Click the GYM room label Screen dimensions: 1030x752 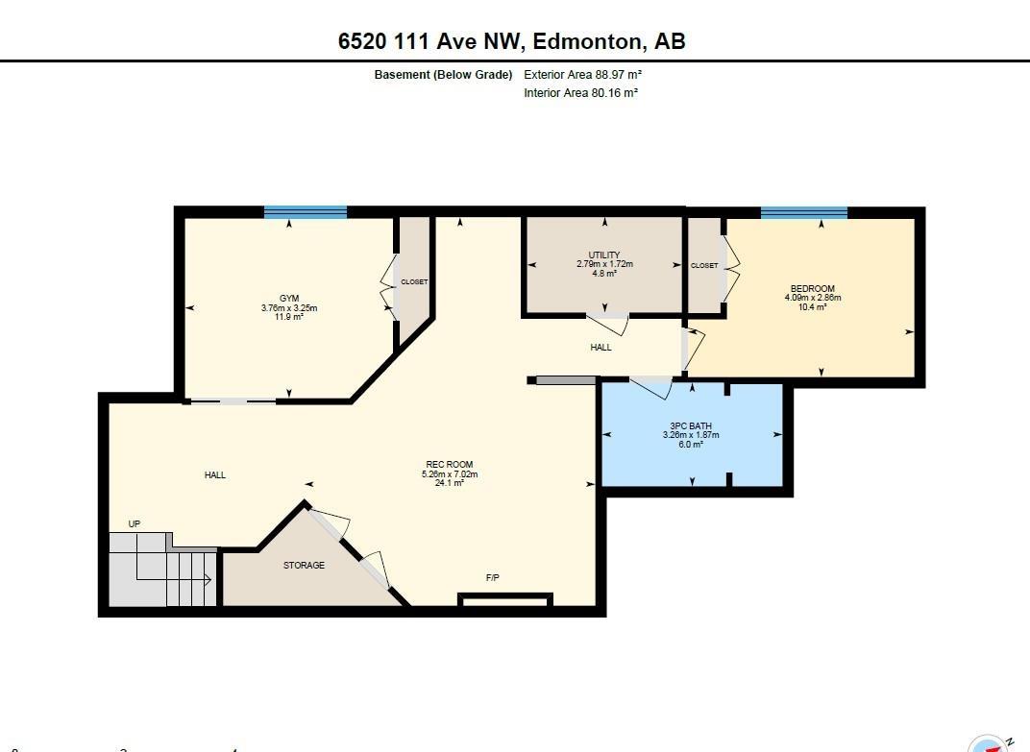(289, 298)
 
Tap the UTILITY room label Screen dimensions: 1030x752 (604, 255)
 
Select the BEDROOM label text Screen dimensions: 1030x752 (813, 288)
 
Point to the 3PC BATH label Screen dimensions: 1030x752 (691, 425)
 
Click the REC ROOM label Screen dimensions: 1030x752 (450, 464)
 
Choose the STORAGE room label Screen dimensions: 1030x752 (305, 565)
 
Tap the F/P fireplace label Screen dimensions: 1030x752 (493, 578)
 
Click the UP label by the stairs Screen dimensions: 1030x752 (134, 524)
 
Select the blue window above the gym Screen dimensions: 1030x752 (306, 211)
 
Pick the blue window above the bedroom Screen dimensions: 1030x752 (804, 212)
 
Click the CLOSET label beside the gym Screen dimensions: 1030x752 (414, 281)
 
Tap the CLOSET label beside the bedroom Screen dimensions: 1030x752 (705, 265)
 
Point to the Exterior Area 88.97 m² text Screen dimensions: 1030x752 (582, 74)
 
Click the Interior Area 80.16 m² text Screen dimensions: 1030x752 (580, 92)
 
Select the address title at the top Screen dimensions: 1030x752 (512, 40)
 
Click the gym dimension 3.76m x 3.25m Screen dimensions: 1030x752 (289, 307)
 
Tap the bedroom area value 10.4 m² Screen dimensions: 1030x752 (813, 306)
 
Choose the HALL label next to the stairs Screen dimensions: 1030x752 (215, 474)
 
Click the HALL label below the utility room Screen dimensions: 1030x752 (601, 348)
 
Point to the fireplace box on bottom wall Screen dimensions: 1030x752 (505, 599)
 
